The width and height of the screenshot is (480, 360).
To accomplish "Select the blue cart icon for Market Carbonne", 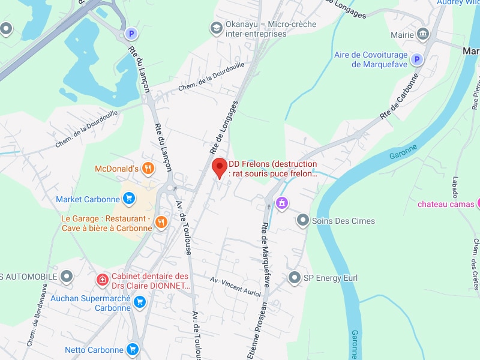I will pos(129,199).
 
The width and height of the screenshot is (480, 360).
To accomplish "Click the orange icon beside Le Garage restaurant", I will pos(160,223).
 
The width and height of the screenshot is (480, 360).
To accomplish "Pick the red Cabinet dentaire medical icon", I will pos(103,280).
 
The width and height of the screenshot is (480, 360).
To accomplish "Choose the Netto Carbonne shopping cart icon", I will pos(133,349).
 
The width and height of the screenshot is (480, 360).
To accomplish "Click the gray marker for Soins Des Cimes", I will pos(303,221).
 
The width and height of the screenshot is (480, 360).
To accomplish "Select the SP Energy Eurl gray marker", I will pos(295,278).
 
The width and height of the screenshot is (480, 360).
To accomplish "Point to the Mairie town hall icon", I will pos(423,34).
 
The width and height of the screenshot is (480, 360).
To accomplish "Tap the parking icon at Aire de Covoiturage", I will pos(416,59).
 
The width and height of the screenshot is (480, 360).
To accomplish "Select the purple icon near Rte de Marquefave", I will pos(281,203).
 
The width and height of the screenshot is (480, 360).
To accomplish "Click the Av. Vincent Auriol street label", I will pos(236,286).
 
